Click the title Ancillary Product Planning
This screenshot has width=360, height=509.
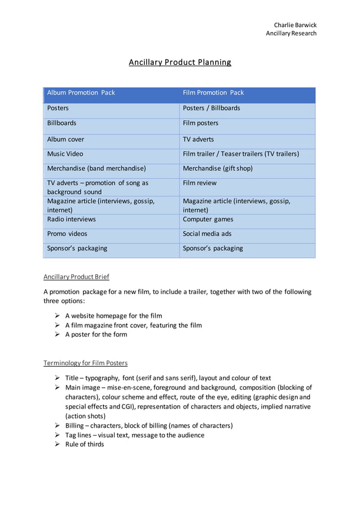point(180,62)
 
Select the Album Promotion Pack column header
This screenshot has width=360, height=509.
point(81,93)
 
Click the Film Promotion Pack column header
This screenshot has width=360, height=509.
point(213,93)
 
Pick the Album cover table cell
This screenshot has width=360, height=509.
point(65,139)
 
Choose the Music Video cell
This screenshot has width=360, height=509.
point(65,153)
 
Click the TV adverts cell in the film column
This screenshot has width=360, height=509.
point(198,139)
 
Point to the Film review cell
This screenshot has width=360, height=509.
point(199,183)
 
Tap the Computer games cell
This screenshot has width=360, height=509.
point(208,219)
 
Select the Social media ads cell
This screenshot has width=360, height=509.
point(207,234)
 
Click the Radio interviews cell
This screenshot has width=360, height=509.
point(71,219)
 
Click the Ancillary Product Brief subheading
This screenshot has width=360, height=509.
point(76,277)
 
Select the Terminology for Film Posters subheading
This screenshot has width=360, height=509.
point(85,363)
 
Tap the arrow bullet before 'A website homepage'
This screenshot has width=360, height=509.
point(58,316)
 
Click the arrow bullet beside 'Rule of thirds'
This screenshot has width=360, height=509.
point(58,444)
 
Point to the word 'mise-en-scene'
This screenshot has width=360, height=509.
point(129,388)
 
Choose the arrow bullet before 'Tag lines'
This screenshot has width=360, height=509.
point(58,435)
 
